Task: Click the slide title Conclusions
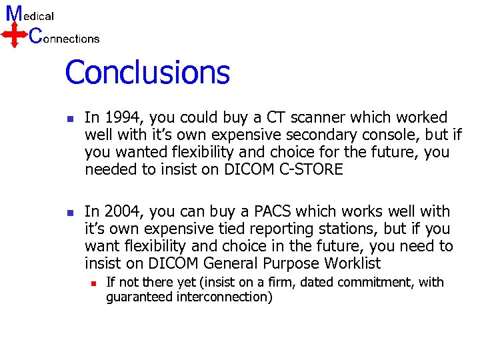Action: point(147,73)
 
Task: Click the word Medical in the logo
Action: point(29,15)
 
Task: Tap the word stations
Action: point(326,229)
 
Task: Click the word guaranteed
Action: point(139,297)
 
